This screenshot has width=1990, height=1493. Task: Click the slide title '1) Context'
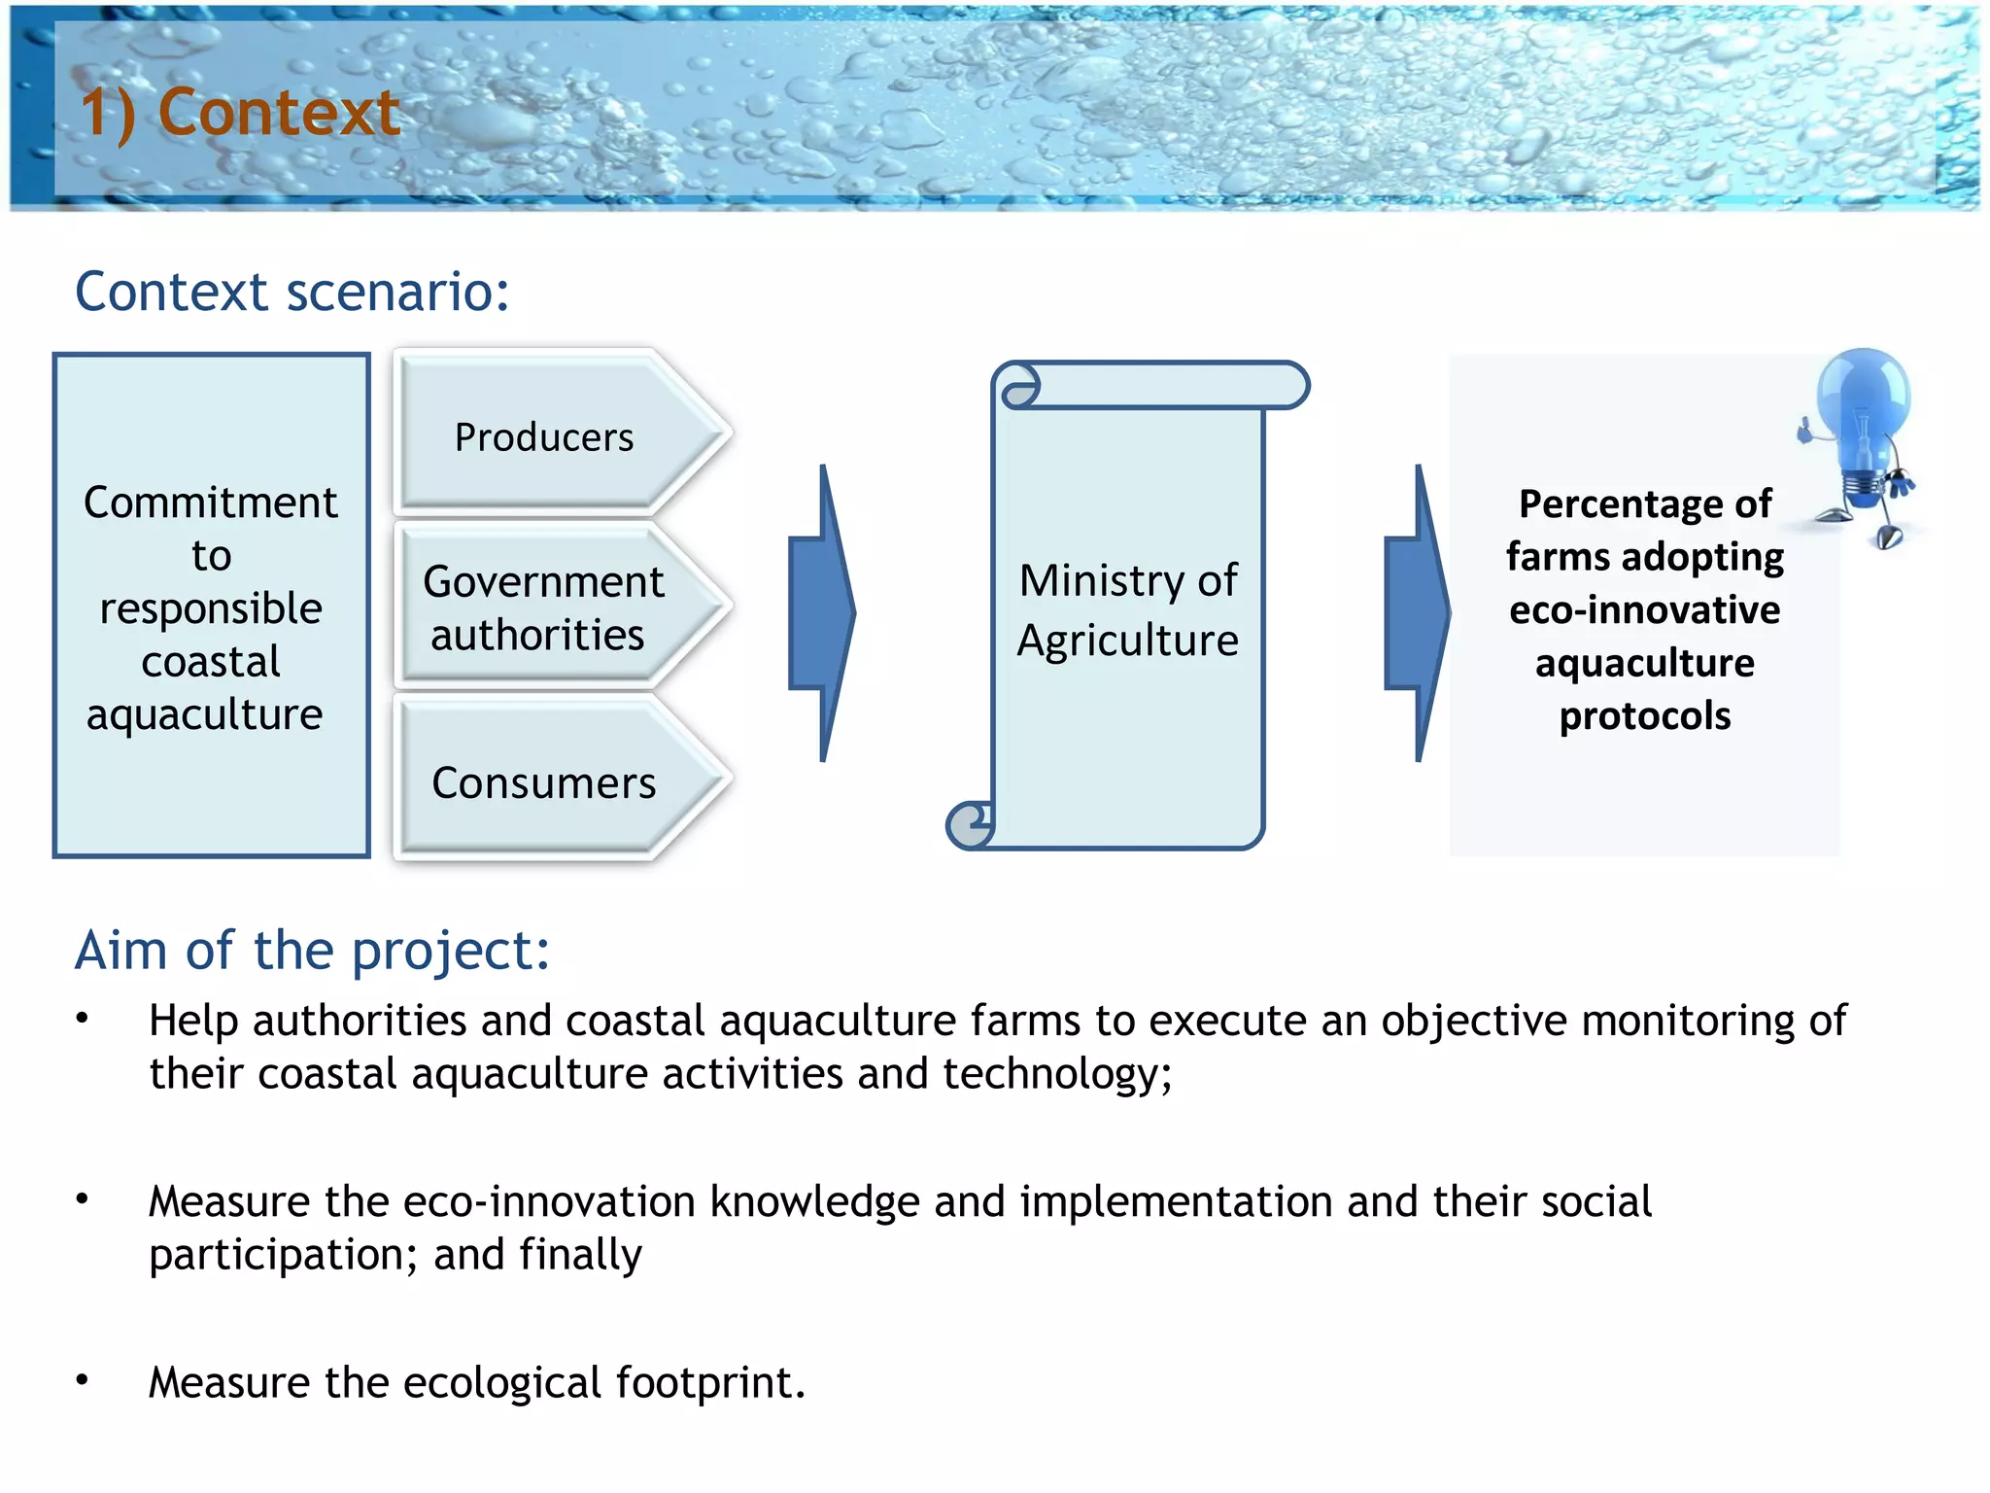click(240, 112)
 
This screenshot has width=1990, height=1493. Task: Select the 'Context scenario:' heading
click(292, 292)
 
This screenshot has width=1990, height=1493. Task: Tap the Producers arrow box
click(544, 437)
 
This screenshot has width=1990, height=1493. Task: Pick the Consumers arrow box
click(544, 782)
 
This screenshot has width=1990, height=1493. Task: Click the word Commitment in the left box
click(211, 503)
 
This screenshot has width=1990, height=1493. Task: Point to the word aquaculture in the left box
click(204, 714)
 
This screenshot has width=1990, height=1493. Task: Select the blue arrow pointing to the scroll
click(823, 612)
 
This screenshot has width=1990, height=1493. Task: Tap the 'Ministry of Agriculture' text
click(1127, 609)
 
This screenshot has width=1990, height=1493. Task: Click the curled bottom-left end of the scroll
click(971, 825)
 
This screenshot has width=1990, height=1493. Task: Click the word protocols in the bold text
click(1644, 716)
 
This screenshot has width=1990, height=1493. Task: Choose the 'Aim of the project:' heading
click(313, 950)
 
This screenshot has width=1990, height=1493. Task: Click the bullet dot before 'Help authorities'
click(83, 1019)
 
